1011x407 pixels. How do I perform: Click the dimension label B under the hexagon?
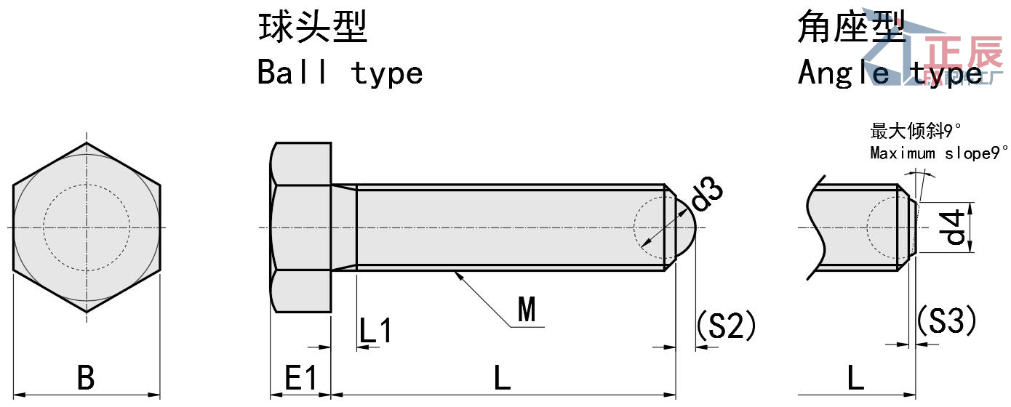point(86,379)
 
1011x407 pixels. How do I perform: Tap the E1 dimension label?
point(300,379)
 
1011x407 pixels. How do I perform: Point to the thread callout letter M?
point(527,310)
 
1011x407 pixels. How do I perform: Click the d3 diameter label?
point(706,194)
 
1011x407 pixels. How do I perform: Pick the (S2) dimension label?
point(726,326)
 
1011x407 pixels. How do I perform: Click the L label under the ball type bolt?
point(503,379)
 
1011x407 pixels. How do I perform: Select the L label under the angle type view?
point(855,379)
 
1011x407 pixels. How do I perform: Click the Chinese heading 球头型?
point(313,28)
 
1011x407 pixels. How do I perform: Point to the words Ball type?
point(340,73)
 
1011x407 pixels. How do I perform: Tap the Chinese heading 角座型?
point(851,28)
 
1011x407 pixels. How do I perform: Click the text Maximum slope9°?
point(939,153)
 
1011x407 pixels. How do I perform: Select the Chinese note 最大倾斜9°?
point(916,132)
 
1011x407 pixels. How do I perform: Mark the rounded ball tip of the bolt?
point(688,227)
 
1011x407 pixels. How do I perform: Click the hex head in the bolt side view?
point(301,227)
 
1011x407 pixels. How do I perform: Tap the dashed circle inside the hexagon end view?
point(87,184)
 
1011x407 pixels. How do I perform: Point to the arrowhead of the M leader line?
point(456,273)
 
